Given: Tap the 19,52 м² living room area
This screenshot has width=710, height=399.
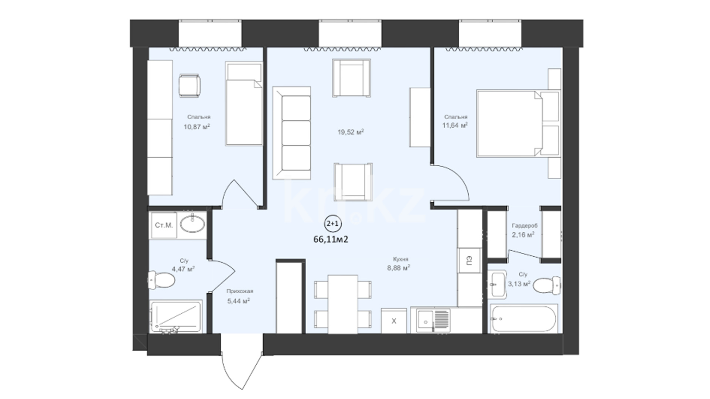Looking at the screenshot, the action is (351, 132).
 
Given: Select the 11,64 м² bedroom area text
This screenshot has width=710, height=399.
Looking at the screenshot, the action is (455, 125).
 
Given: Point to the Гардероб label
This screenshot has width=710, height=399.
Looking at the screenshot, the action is (524, 225).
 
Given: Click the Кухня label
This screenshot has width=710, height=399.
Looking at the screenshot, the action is (400, 259).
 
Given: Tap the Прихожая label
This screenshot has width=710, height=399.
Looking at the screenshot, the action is (240, 291).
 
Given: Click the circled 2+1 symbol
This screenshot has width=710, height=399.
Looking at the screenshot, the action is (332, 224).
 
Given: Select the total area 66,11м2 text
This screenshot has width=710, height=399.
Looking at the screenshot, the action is (331, 239).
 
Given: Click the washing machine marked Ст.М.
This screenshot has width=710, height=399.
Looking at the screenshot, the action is (163, 225).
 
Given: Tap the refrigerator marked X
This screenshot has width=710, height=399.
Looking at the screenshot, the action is (393, 321).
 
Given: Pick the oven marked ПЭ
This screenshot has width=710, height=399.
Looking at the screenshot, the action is (469, 261).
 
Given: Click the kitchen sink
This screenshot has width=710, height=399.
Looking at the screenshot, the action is (433, 321).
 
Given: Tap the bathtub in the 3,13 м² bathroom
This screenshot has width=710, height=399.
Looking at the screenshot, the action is (524, 319).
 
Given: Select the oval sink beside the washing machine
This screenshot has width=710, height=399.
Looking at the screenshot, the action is (192, 224).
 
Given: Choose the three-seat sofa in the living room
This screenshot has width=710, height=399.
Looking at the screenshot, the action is (292, 133).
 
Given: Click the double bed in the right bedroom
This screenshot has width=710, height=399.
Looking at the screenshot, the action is (518, 123).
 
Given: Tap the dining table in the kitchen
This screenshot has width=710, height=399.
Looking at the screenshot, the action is (343, 304).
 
